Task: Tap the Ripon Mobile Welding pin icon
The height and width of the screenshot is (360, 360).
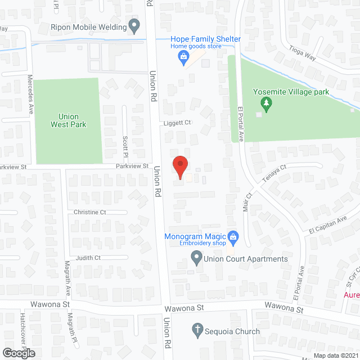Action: pos(134,25)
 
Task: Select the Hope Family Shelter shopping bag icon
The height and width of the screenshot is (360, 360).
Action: pos(183,56)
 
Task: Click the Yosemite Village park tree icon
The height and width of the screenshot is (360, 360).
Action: pos(267,103)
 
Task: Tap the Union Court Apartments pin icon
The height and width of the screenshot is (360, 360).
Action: pos(197,259)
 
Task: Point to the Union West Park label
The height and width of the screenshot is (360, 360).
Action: pos(68,120)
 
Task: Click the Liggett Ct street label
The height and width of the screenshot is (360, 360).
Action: pos(178,122)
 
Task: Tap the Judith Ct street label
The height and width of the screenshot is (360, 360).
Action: pos(89,258)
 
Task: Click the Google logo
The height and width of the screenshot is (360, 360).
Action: pos(19,353)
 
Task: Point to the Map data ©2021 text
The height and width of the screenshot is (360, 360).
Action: pos(335,355)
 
